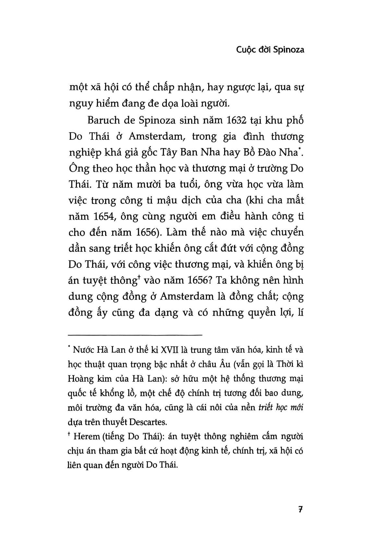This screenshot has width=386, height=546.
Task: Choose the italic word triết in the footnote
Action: (x=265, y=408)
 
